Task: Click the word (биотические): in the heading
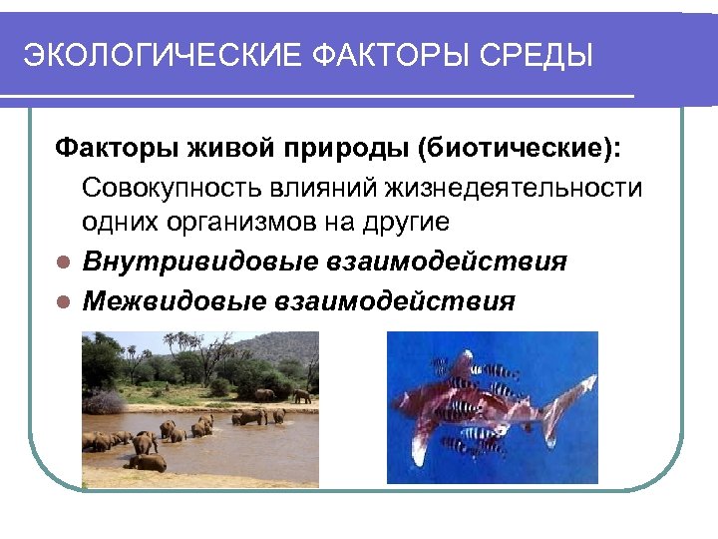(519, 150)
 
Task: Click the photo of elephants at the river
(199, 409)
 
